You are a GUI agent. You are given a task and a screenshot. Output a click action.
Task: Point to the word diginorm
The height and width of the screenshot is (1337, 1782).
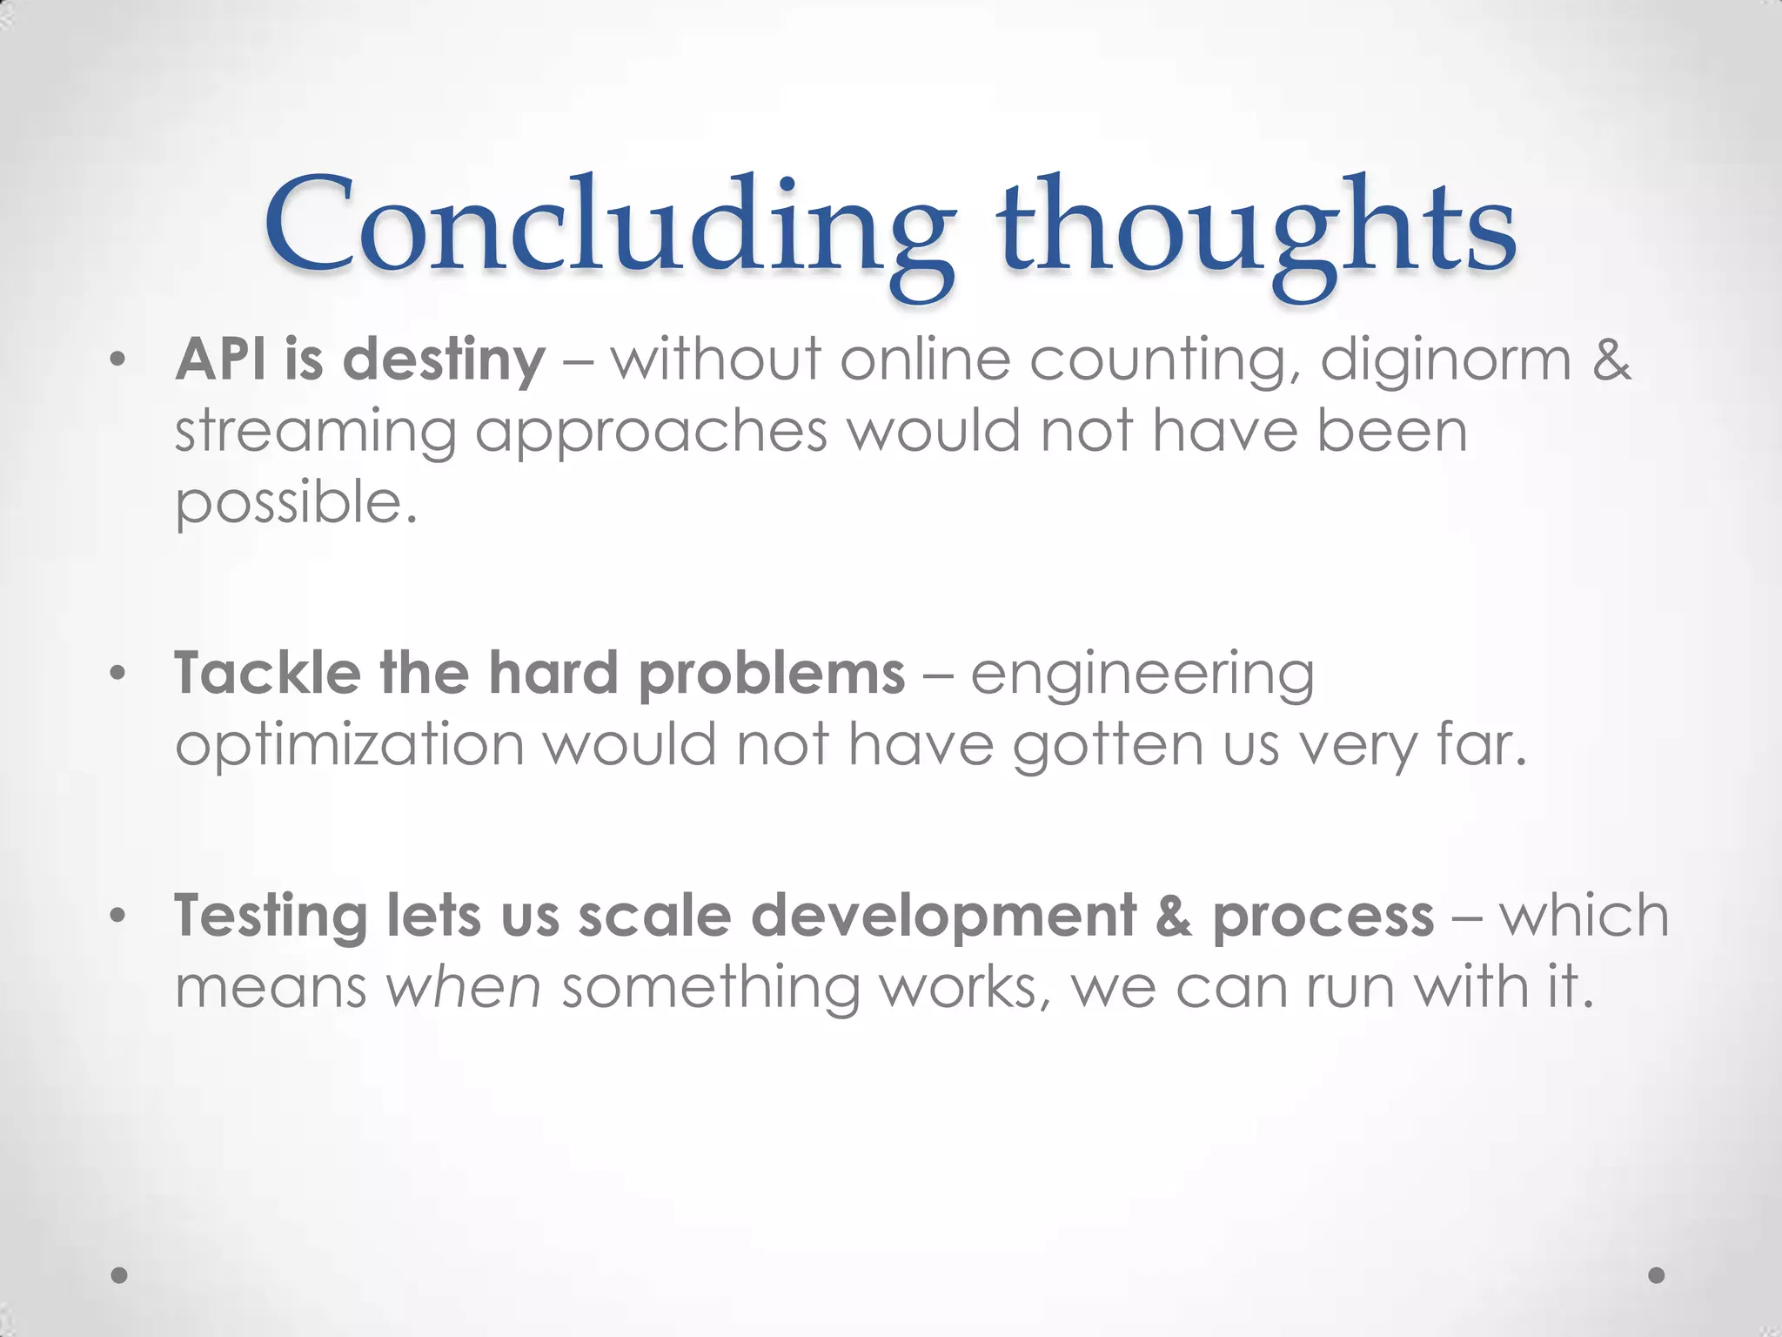coord(1445,359)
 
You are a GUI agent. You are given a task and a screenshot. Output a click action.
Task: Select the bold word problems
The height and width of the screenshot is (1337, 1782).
coord(772,675)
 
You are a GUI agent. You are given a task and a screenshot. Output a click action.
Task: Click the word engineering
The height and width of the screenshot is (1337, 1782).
coord(1142,675)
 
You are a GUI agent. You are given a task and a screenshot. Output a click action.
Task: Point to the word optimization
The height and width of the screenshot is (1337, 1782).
coord(349,747)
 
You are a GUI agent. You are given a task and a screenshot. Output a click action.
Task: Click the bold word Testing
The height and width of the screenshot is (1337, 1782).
coord(271,918)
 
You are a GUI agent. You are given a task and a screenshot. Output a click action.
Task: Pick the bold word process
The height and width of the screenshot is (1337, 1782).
coord(1323,918)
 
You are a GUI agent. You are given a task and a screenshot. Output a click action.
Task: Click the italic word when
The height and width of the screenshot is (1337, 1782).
coord(463,988)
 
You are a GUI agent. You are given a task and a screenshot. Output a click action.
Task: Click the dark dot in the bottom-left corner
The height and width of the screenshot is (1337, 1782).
coord(120,1275)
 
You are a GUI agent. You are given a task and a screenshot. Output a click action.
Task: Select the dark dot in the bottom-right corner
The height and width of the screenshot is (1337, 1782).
coord(1657,1275)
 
